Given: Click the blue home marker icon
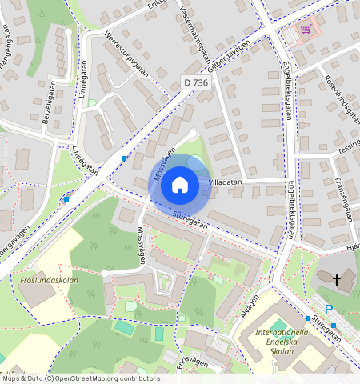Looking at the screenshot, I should [180, 185].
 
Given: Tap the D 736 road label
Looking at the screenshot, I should [196, 82].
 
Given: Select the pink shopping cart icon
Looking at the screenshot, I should [305, 29].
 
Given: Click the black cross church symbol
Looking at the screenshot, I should [337, 279].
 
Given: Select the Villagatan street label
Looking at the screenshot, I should [225, 182].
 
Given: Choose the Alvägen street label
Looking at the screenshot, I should [250, 308].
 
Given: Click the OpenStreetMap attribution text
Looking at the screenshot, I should [80, 378].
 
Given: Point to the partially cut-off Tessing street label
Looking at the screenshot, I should [348, 148].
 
